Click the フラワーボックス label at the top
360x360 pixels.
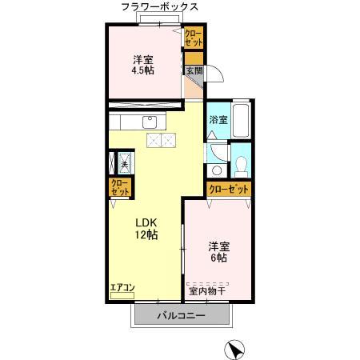tap(160, 7)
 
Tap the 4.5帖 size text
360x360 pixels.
tap(143, 70)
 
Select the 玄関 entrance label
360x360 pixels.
tap(194, 70)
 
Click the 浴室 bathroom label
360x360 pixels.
tap(218, 120)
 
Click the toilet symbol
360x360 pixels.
tap(241, 166)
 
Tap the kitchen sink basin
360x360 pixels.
tap(149, 122)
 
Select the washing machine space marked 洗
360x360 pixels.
tap(125, 163)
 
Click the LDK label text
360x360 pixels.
tap(145, 222)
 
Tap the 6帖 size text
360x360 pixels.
tap(219, 258)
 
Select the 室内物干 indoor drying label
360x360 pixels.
tap(208, 290)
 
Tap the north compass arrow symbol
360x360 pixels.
tap(234, 349)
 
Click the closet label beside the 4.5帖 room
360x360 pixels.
tap(194, 37)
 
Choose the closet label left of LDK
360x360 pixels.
tap(119, 189)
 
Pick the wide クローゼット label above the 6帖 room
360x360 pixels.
tap(228, 190)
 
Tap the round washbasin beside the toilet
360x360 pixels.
tap(214, 170)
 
